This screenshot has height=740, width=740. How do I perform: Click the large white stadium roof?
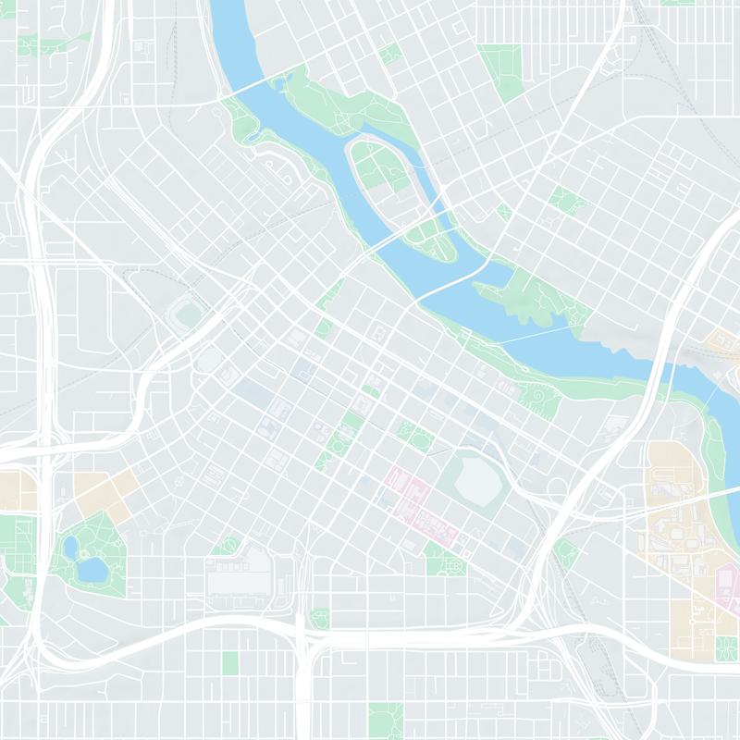478,478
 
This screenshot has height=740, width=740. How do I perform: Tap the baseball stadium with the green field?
188,314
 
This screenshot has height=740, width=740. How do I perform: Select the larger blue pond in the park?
92,569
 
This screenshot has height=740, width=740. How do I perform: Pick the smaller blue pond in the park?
70,547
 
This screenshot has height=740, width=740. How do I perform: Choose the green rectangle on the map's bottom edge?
385,720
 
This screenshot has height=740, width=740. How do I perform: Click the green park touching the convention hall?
226,547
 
